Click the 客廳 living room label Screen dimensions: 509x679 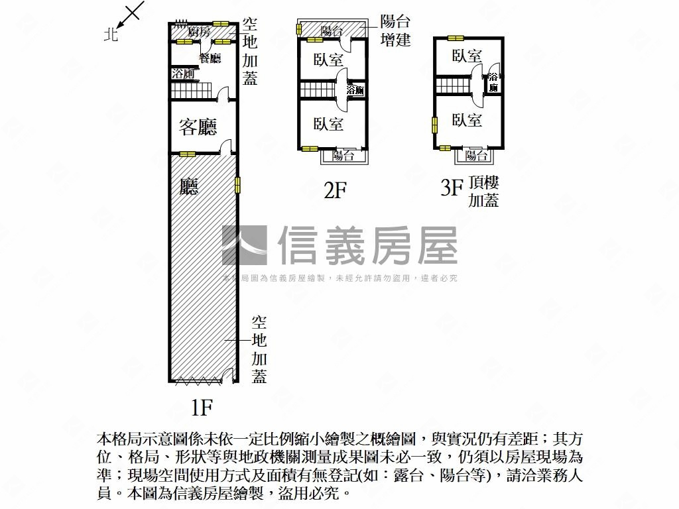click(198, 127)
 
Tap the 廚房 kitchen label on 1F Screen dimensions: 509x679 click(198, 32)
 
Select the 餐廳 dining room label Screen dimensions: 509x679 click(210, 58)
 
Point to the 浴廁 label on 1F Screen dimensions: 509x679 click(182, 74)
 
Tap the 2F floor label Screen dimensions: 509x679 click(336, 191)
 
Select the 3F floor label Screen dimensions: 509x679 click(451, 189)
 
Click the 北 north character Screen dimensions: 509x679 click(111, 34)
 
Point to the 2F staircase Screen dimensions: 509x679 click(318, 89)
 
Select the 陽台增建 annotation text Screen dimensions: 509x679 click(395, 30)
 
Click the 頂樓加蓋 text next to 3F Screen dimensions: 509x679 click(483, 192)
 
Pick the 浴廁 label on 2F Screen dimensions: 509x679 click(355, 91)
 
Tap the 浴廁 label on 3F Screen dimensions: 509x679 click(493, 82)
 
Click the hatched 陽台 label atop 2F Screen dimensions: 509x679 click(331, 30)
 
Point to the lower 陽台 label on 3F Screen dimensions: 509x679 click(476, 156)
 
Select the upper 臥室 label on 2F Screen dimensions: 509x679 click(328, 59)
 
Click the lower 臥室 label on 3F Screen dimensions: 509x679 click(467, 120)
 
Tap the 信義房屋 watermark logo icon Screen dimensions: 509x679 click(244, 245)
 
